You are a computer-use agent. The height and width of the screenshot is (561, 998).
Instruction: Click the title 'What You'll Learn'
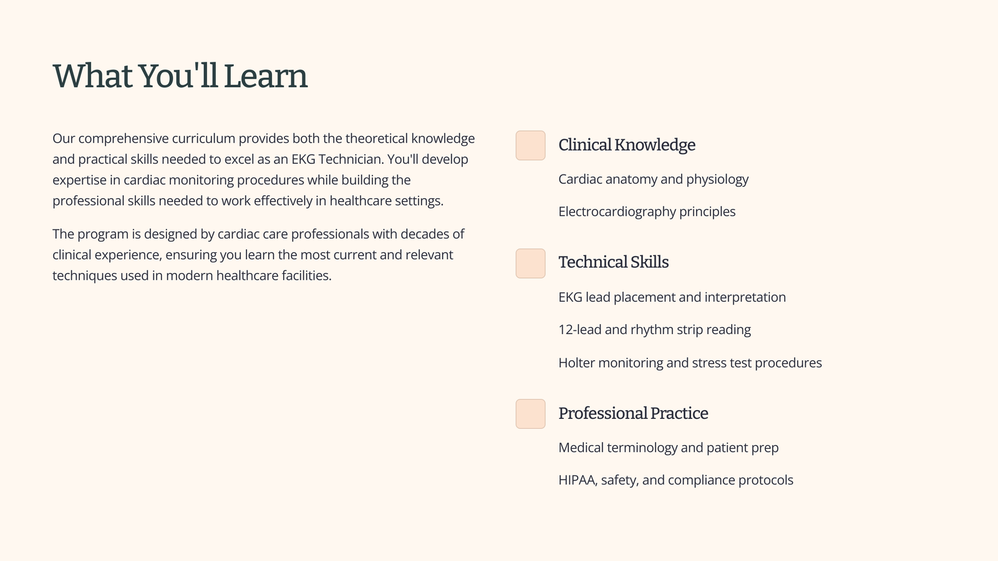pos(180,76)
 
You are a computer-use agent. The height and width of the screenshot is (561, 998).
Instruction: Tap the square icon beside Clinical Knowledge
pos(531,145)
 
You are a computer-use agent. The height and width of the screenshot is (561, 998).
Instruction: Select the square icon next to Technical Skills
pos(531,264)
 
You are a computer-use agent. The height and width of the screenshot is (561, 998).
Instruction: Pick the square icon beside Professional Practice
pos(531,414)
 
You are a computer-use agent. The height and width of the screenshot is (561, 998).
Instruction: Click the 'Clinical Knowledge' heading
pos(627,145)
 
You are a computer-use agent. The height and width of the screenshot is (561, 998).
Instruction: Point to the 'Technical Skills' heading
pos(614,262)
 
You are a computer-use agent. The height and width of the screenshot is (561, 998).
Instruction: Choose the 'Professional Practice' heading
pos(633,413)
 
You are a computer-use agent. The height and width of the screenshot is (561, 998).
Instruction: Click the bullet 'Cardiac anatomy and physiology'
pos(654,180)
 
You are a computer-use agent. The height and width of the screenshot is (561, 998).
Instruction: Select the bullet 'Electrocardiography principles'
pos(647,212)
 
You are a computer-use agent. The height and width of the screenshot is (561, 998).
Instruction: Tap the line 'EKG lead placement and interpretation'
pos(672,297)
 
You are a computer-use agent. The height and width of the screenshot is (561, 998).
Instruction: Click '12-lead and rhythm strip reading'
pos(654,330)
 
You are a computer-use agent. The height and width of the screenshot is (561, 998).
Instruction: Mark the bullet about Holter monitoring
pos(690,363)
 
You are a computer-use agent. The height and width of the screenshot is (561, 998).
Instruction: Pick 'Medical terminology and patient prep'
pos(669,448)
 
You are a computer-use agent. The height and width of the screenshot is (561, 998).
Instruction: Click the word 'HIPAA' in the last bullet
pos(578,480)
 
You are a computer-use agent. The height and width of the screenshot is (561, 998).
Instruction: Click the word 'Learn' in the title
pos(266,76)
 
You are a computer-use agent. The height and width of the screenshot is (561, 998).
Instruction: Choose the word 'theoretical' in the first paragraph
pos(377,138)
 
